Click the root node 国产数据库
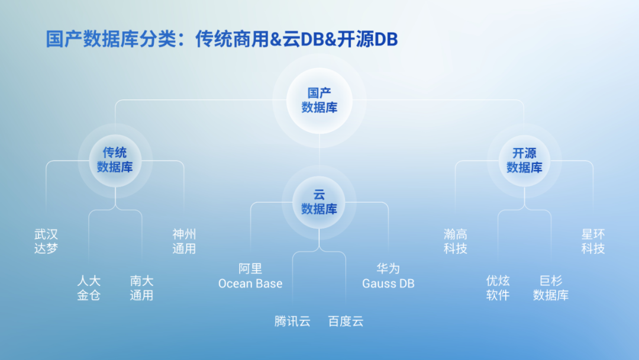(x=319, y=100)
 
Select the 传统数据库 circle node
(x=115, y=160)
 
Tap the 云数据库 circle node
(x=319, y=202)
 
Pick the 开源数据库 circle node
(x=524, y=160)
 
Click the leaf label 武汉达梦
(x=46, y=242)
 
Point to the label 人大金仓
(x=89, y=288)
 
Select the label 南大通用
(x=141, y=288)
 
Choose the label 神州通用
(x=184, y=242)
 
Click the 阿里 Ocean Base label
(x=250, y=276)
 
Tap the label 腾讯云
(x=292, y=322)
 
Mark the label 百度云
(x=346, y=322)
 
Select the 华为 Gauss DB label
(x=388, y=276)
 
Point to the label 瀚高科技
(x=455, y=242)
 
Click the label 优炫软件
(x=498, y=288)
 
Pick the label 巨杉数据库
(x=551, y=288)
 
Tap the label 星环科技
(x=593, y=242)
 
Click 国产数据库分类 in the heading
(x=111, y=39)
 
